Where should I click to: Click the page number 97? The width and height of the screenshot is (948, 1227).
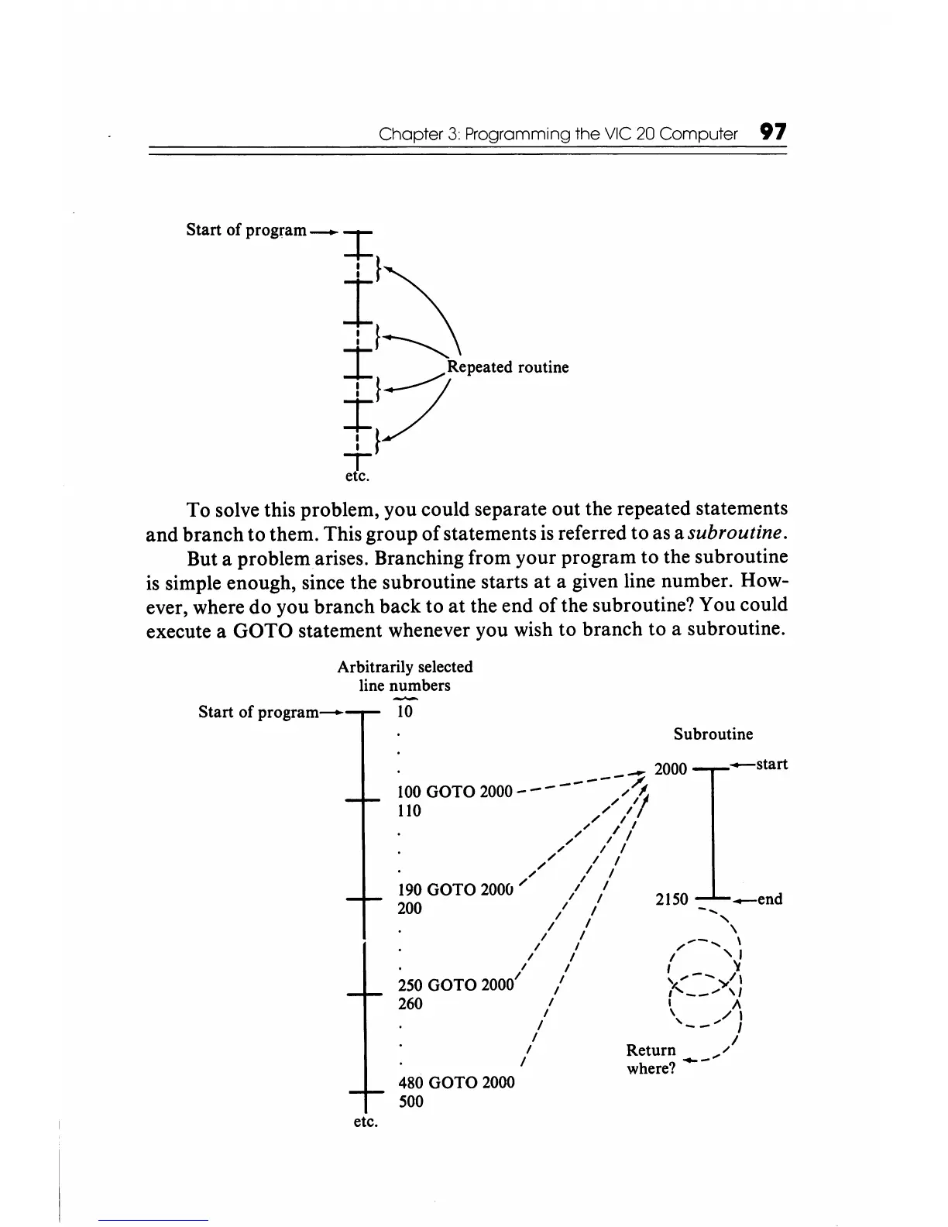tap(773, 132)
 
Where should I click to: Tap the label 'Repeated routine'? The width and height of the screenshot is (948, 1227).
tap(508, 367)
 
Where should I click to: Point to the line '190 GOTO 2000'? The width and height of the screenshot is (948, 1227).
tap(455, 889)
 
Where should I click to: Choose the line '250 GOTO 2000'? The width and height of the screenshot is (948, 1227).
tap(455, 985)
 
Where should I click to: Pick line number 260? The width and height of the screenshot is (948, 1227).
tap(410, 1004)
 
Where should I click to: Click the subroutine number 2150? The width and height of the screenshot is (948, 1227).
tap(671, 899)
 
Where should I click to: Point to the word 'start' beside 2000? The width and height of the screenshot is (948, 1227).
tap(771, 765)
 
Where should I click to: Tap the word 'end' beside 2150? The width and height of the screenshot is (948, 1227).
tap(769, 899)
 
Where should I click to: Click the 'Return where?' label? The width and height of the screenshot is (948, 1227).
tap(651, 1059)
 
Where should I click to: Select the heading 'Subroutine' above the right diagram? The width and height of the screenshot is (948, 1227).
tap(713, 734)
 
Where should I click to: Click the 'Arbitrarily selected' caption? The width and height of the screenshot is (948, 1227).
tap(405, 667)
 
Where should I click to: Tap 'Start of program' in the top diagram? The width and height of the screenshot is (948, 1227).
tap(246, 230)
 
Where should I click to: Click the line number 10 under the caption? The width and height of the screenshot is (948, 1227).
tap(404, 712)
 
